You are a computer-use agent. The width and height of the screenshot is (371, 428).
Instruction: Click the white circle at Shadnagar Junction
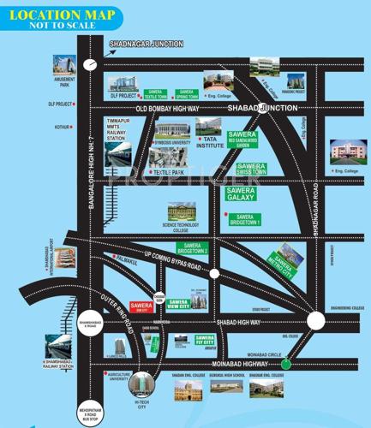(x=92, y=63)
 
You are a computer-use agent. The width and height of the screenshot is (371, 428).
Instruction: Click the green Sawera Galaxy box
(x=242, y=193)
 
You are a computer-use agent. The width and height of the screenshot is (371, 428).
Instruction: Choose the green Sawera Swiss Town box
(x=254, y=169)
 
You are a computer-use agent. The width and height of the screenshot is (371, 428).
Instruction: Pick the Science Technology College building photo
(x=182, y=211)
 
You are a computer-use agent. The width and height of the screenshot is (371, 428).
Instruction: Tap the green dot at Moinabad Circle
(x=285, y=365)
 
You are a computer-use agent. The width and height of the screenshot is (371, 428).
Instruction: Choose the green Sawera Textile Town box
(x=154, y=93)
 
